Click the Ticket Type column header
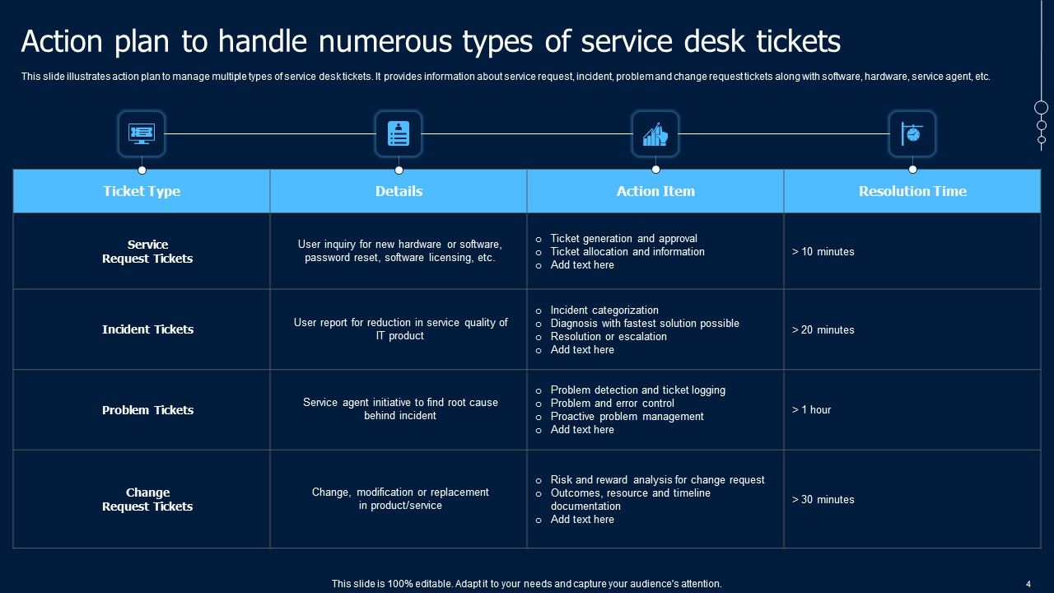click(142, 191)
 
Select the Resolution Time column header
click(912, 191)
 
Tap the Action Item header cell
click(655, 191)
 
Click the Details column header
click(399, 191)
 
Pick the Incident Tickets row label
click(148, 329)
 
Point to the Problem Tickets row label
click(148, 410)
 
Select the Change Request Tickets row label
click(148, 500)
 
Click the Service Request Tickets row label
click(148, 251)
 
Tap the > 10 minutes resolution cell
click(823, 252)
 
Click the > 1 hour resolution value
click(812, 410)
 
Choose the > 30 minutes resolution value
click(823, 500)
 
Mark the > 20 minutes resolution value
click(823, 330)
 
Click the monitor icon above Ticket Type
click(142, 133)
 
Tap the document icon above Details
click(399, 133)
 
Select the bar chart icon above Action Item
click(655, 133)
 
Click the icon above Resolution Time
click(912, 133)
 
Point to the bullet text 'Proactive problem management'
click(627, 417)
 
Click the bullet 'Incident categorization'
click(604, 311)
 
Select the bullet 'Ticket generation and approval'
click(623, 239)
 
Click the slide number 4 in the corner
click(1028, 584)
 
